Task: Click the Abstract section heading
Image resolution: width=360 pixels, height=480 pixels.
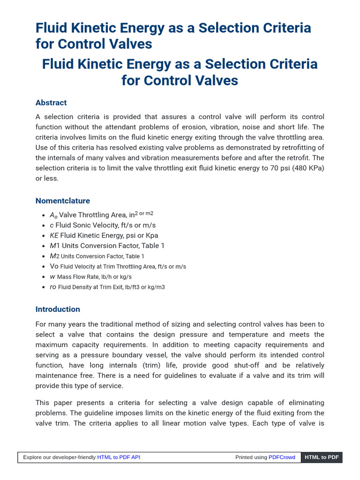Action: pos(51,103)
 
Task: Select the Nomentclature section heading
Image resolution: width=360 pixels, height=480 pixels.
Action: pos(62,201)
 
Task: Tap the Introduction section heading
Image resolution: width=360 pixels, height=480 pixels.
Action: pos(58,309)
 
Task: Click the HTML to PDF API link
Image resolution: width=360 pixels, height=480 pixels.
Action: pos(118,457)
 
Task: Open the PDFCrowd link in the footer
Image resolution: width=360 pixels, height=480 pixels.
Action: pos(282,457)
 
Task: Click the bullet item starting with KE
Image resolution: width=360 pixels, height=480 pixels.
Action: pos(104,235)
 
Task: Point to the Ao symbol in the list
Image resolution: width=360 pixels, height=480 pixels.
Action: pos(53,215)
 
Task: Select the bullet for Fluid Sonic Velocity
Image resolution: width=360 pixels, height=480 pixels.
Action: pos(103,225)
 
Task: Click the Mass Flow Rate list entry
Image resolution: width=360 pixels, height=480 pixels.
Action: pos(90,277)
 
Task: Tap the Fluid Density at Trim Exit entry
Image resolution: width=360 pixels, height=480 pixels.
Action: pos(107,287)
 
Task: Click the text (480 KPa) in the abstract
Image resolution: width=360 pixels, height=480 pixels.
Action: pos(303,168)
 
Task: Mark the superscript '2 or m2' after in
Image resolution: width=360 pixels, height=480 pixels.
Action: pos(144,214)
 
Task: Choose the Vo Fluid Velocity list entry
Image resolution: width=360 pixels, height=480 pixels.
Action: pos(118,266)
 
